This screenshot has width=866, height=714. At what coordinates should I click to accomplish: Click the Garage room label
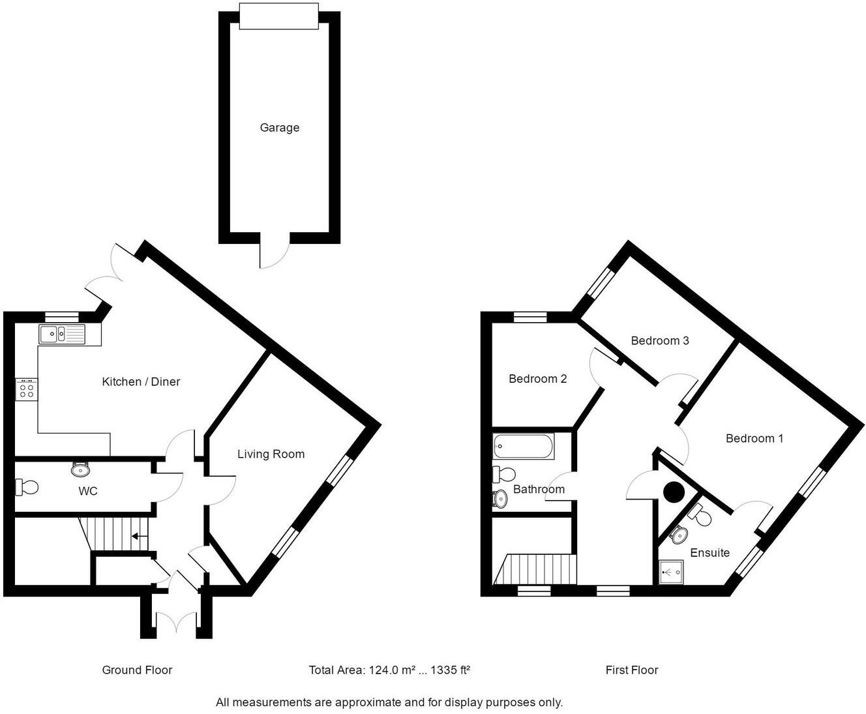(x=279, y=128)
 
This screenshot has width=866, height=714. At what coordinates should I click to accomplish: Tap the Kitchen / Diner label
(x=141, y=381)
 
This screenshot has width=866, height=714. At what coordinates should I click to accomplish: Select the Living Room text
(x=271, y=454)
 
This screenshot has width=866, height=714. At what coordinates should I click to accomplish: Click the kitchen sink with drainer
(x=61, y=335)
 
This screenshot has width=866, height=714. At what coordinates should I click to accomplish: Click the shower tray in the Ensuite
(x=671, y=573)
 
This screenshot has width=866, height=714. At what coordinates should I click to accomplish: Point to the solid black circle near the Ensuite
(x=672, y=492)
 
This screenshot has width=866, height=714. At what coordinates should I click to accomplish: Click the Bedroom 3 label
(x=659, y=340)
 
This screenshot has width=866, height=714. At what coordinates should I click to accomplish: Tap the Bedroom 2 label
(x=537, y=379)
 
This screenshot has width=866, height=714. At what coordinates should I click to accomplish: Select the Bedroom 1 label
(x=754, y=438)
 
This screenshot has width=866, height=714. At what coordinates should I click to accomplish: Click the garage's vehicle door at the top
(x=279, y=16)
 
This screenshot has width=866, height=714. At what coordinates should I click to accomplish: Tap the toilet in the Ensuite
(x=700, y=516)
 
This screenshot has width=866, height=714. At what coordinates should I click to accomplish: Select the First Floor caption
(x=631, y=670)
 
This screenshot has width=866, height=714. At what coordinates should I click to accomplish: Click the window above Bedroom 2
(x=530, y=318)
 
